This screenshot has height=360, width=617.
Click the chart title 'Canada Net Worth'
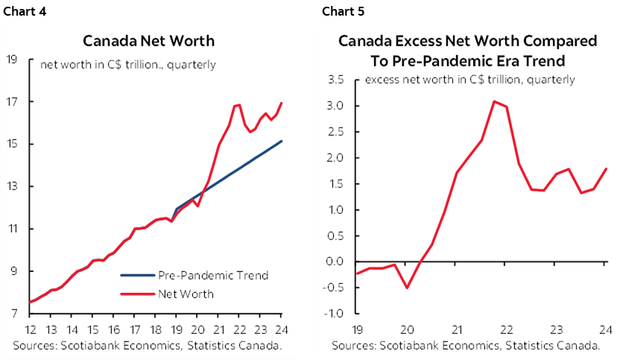pyautogui.click(x=148, y=40)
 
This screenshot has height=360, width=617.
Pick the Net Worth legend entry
pyautogui.click(x=186, y=294)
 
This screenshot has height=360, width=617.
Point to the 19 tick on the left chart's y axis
pyautogui.click(x=13, y=60)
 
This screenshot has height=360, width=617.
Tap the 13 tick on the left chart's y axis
pyautogui.click(x=13, y=186)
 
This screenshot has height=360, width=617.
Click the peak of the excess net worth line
pyautogui.click(x=493, y=101)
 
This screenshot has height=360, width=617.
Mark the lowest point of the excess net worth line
pyautogui.click(x=407, y=288)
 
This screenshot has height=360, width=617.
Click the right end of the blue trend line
pyautogui.click(x=281, y=141)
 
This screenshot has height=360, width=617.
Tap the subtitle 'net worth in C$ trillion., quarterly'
pyautogui.click(x=127, y=65)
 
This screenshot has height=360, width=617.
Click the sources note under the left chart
pyautogui.click(x=148, y=346)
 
